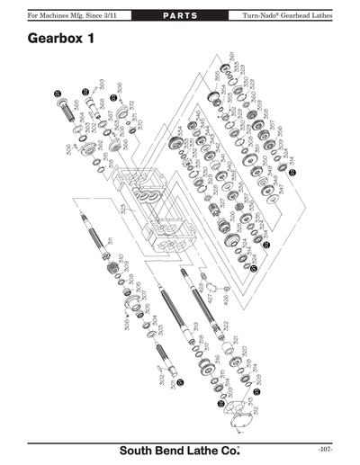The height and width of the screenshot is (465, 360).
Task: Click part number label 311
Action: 110,241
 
